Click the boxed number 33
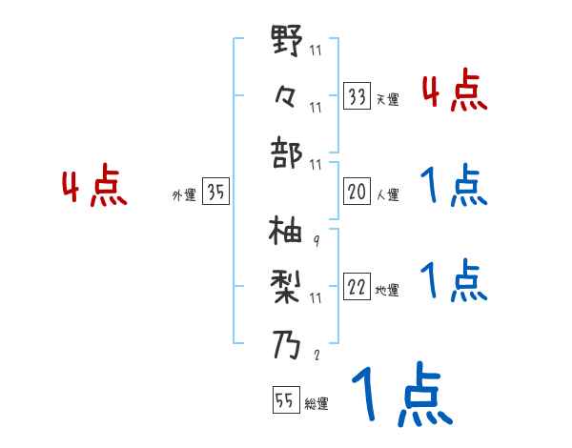(357, 96)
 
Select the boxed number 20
(357, 192)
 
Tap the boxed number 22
(357, 288)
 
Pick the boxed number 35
(215, 192)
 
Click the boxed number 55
(284, 401)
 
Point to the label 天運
(387, 99)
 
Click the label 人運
(387, 194)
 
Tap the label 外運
(183, 194)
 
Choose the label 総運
(316, 404)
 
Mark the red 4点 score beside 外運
(93, 188)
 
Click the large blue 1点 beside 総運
(400, 395)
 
